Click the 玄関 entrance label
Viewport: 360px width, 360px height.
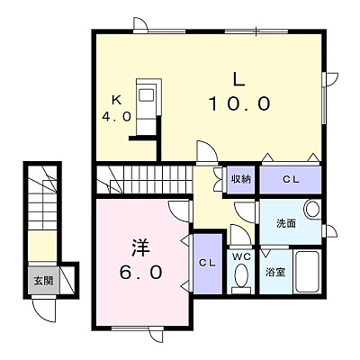(43, 281)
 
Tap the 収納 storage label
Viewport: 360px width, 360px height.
(240, 179)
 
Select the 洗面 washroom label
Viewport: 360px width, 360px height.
(286, 223)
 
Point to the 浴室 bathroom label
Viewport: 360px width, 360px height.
(275, 273)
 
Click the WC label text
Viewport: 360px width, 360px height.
(240, 256)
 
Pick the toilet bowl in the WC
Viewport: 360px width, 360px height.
(241, 275)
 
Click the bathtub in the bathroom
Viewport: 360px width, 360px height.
(307, 272)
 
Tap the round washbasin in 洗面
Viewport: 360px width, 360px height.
(312, 209)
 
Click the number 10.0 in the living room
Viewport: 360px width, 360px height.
(239, 103)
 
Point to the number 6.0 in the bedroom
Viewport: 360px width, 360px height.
(141, 273)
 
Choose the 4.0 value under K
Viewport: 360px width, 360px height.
(117, 116)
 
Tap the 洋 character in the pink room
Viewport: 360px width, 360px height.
(140, 247)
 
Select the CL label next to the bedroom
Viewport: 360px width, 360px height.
(208, 263)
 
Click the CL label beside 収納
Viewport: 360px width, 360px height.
(291, 179)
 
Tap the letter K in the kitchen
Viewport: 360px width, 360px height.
(116, 100)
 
